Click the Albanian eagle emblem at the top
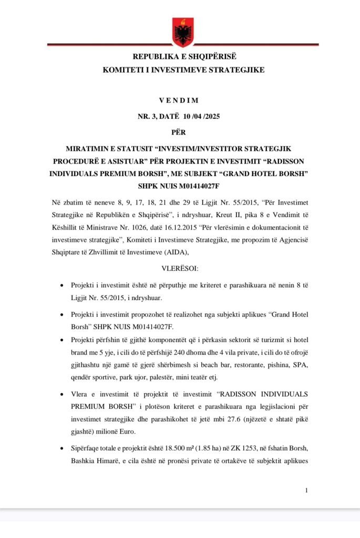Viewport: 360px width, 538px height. [183, 32]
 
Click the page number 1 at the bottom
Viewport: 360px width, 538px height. [306, 491]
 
